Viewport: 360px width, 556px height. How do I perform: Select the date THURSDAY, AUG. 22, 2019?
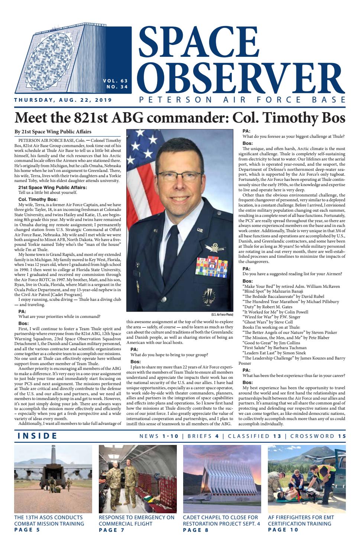[63, 100]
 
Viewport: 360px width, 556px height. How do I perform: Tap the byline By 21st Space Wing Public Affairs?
[53, 132]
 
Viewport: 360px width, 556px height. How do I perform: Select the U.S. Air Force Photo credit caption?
[222, 315]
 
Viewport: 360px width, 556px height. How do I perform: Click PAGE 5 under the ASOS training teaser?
[27, 530]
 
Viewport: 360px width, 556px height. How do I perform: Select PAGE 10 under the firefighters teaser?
[283, 530]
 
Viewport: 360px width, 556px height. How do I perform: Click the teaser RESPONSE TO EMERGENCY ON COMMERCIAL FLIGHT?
[136, 521]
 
